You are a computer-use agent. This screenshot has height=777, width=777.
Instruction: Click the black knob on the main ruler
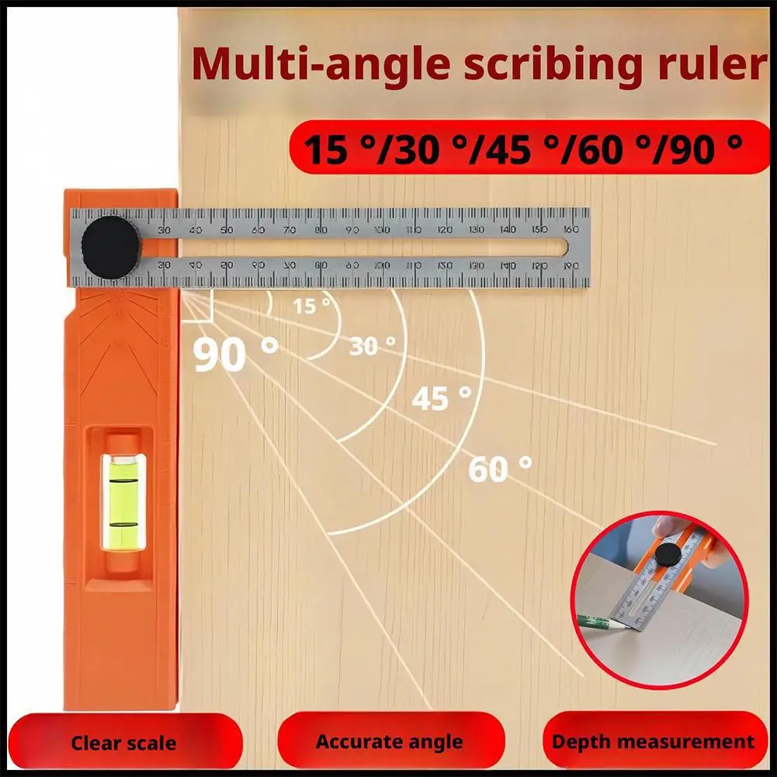click(x=111, y=248)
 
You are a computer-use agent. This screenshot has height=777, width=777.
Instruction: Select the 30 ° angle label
click(x=372, y=345)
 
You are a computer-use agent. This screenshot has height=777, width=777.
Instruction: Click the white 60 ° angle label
click(x=500, y=468)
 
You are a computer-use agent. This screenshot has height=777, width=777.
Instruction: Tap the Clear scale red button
click(x=123, y=743)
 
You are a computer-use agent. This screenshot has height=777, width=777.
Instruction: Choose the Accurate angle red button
click(x=389, y=742)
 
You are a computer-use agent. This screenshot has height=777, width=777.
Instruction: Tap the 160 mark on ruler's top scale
click(x=571, y=230)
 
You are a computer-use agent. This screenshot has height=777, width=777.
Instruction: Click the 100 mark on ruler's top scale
click(x=383, y=230)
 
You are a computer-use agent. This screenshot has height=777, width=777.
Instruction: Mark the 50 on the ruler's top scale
click(x=226, y=230)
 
